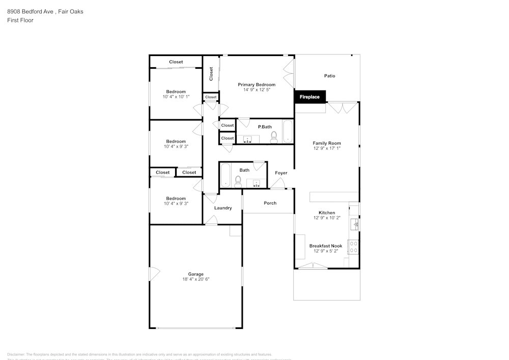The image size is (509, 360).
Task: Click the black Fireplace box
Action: [x=309, y=96]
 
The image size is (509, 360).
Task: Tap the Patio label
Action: [x=330, y=76]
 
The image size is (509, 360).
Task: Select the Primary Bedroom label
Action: [x=257, y=85]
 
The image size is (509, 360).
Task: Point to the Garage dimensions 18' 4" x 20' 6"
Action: [x=196, y=279]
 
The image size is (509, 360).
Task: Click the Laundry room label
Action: [x=223, y=208]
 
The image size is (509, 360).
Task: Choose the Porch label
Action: [x=270, y=203]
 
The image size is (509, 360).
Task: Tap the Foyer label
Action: [x=281, y=173]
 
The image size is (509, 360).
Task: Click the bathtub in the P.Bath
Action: [x=288, y=132]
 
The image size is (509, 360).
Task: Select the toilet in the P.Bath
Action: [x=274, y=136]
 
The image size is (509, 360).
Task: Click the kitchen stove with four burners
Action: [x=353, y=247]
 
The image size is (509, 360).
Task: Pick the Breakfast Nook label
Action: [x=326, y=246]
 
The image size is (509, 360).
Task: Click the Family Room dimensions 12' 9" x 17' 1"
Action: [x=327, y=148]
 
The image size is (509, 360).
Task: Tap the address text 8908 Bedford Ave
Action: [x=31, y=11]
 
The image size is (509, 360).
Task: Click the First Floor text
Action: [x=20, y=20]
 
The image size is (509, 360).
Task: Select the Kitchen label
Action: [x=327, y=213]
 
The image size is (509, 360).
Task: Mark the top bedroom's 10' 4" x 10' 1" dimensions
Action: [x=176, y=97]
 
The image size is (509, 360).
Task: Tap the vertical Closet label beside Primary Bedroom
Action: [x=211, y=73]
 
